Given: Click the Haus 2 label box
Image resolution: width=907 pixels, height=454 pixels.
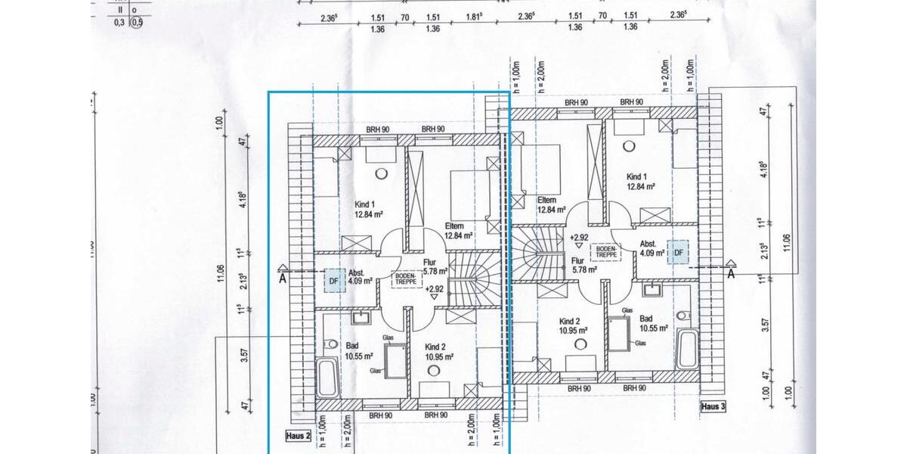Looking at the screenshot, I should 299,435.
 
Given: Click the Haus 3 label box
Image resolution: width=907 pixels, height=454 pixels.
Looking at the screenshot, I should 713,406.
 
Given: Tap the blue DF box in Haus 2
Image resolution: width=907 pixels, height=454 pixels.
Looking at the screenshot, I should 333,281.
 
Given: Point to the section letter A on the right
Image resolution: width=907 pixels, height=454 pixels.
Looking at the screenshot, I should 731,274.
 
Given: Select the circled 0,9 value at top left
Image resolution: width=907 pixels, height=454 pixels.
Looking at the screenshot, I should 136,23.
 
